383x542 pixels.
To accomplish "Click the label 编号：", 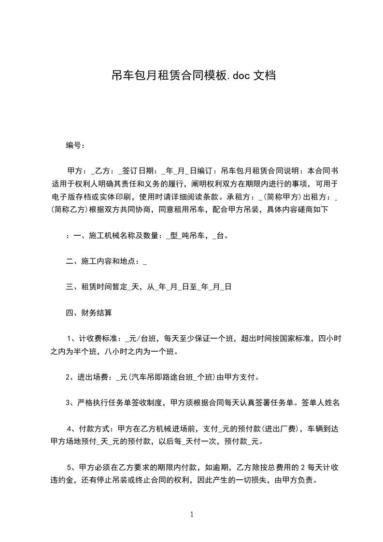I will coord(76,145).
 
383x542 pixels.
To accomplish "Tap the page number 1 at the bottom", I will coord(192,514).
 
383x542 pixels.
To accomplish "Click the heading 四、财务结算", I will coord(89,313).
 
